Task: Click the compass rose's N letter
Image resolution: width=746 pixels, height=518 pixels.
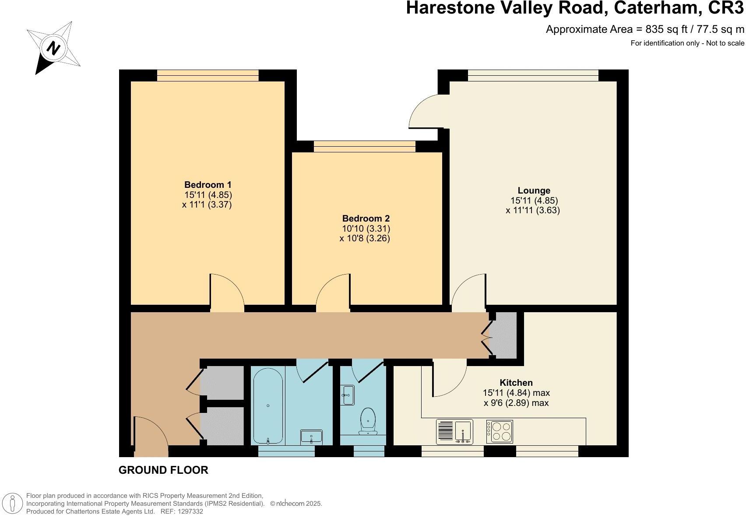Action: [x=53, y=48]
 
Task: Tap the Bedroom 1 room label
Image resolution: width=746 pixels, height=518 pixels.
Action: [x=208, y=185]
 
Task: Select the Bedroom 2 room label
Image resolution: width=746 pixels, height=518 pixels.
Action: [x=366, y=218]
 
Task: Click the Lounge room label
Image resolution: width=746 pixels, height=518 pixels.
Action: [x=534, y=190]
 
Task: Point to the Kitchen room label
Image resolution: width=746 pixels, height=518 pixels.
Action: [x=516, y=383]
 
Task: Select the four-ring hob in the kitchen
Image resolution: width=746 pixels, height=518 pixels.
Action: [x=500, y=431]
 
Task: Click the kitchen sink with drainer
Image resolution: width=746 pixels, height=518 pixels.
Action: [x=455, y=432]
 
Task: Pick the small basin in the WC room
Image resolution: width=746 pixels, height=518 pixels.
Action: [x=348, y=395]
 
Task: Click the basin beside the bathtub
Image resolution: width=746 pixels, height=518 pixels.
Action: [x=311, y=437]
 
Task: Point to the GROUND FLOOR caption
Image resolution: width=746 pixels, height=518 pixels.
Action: [x=163, y=470]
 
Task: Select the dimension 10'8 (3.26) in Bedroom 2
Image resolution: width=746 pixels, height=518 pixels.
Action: [x=369, y=239]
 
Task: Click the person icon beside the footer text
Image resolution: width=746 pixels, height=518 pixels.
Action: [x=14, y=504]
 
